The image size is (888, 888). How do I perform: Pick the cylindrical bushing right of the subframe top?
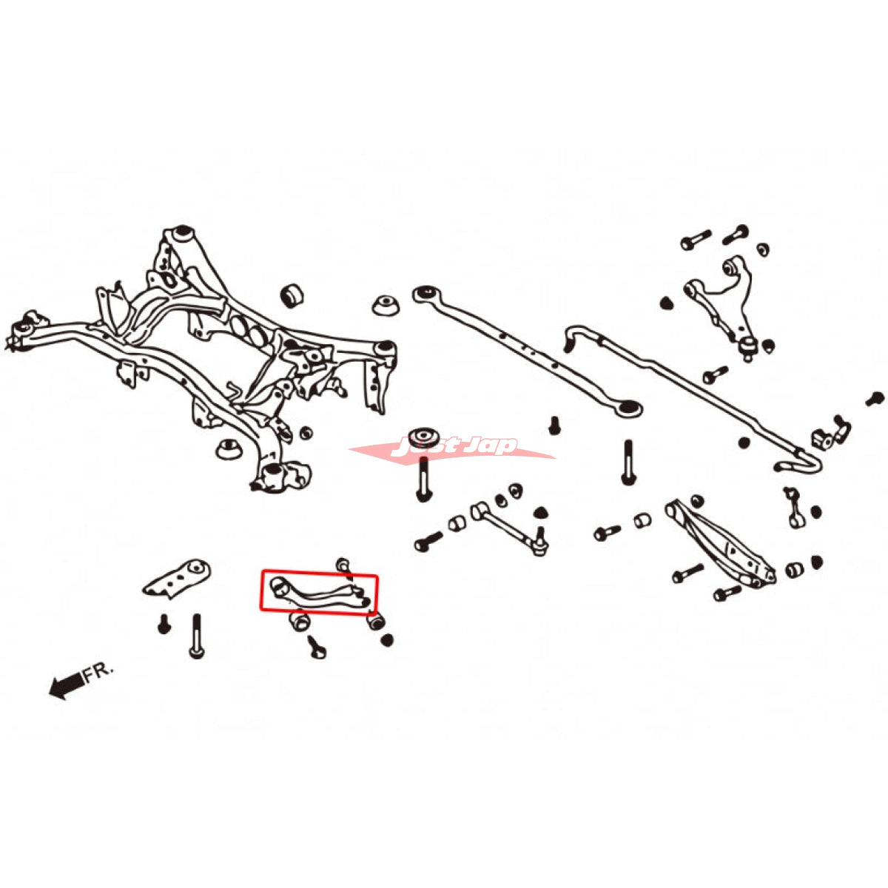point(294,295)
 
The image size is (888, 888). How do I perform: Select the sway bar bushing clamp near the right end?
point(821,437)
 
